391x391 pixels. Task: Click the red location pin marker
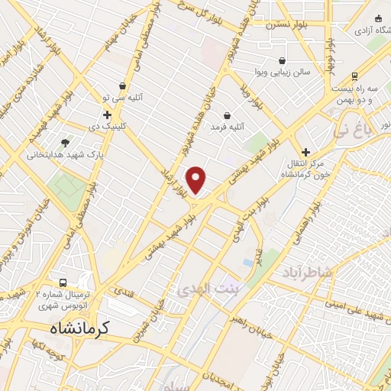(196, 179)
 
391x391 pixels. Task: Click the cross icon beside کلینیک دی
(108, 115)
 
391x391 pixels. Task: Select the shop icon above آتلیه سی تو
(123, 87)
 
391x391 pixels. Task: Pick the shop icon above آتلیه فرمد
(228, 115)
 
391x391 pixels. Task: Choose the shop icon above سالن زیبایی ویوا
(283, 60)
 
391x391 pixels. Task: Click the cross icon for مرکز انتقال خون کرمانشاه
(306, 152)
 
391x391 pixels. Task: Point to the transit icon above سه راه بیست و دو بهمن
(354, 76)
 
